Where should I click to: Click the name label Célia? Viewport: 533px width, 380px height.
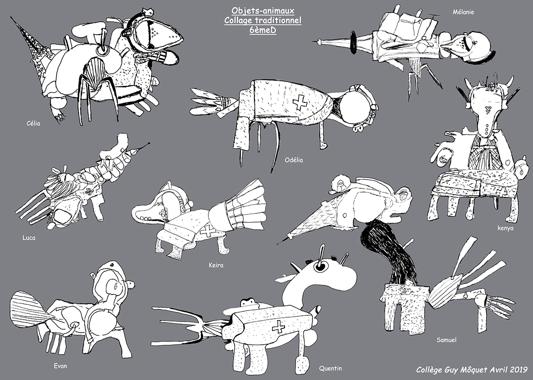pyautogui.click(x=33, y=124)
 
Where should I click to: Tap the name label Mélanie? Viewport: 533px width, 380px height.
pyautogui.click(x=463, y=12)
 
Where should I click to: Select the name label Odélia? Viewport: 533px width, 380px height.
pyautogui.click(x=294, y=160)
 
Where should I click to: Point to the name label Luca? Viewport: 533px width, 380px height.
pyautogui.click(x=29, y=238)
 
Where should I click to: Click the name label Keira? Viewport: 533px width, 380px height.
pyautogui.click(x=216, y=265)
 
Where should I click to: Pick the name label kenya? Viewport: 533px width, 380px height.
pyautogui.click(x=505, y=228)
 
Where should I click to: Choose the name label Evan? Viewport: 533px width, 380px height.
pyautogui.click(x=60, y=366)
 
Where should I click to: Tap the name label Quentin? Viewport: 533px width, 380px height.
pyautogui.click(x=330, y=368)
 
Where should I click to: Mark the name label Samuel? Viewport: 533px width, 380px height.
pyautogui.click(x=446, y=339)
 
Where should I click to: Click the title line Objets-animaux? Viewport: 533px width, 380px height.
pyautogui.click(x=263, y=11)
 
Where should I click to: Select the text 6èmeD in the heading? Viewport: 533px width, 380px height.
pyautogui.click(x=263, y=30)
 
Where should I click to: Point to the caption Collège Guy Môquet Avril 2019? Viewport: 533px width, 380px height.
pyautogui.click(x=472, y=369)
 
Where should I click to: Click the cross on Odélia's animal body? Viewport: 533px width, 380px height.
pyautogui.click(x=300, y=102)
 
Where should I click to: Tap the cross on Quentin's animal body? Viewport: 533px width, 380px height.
pyautogui.click(x=279, y=326)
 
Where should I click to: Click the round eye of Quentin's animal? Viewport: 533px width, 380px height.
pyautogui.click(x=320, y=267)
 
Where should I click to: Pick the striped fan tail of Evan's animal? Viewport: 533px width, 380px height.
pyautogui.click(x=30, y=309)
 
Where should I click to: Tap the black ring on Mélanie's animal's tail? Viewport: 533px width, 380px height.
pyautogui.click(x=354, y=42)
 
